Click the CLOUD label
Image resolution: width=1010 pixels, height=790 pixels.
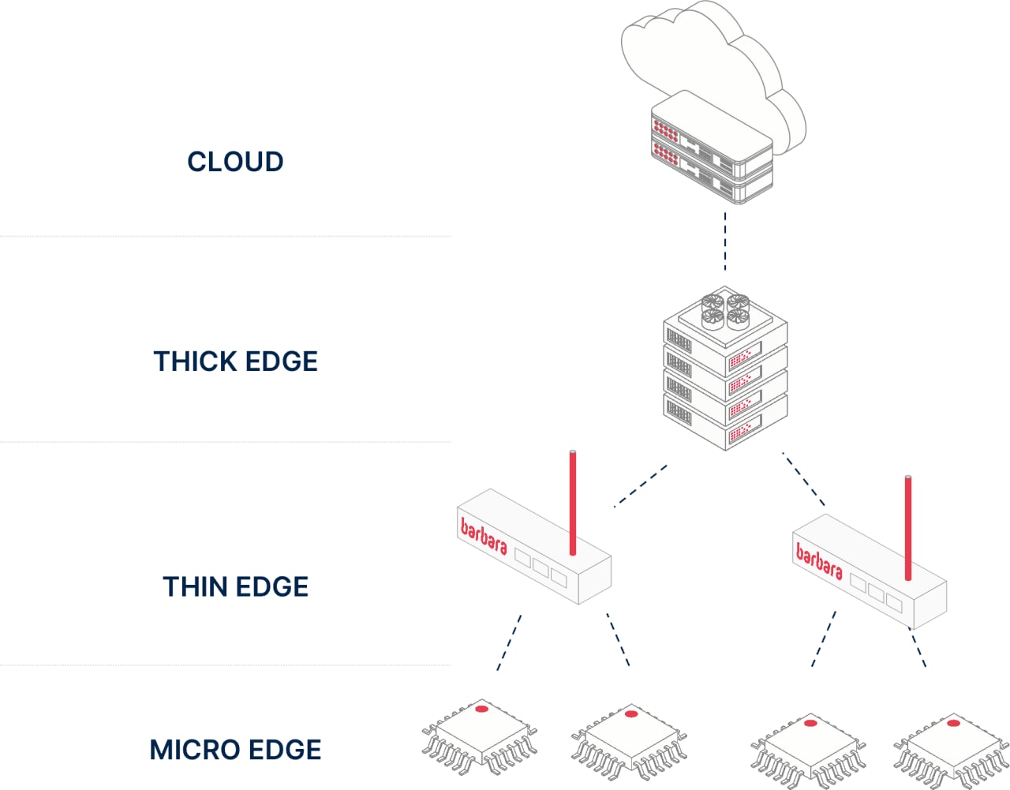pyautogui.click(x=235, y=161)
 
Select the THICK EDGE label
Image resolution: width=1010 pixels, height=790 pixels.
pyautogui.click(x=235, y=361)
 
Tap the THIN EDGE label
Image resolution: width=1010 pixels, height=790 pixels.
pyautogui.click(x=235, y=586)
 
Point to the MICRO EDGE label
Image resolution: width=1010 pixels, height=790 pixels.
pyautogui.click(x=235, y=750)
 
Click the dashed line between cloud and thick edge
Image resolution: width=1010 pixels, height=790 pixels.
pyautogui.click(x=725, y=241)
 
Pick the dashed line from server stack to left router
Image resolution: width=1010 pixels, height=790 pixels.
pyautogui.click(x=641, y=485)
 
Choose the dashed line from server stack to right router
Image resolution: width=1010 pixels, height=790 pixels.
pyautogui.click(x=803, y=478)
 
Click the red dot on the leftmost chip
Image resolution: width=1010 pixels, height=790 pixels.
pyautogui.click(x=481, y=709)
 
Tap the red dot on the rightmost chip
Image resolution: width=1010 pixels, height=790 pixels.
pyautogui.click(x=953, y=723)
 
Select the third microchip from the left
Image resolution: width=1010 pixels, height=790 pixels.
pyautogui.click(x=809, y=750)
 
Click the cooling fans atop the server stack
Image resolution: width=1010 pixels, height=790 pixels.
pyautogui.click(x=725, y=309)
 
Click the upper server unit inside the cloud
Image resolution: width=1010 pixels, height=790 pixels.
pyautogui.click(x=710, y=134)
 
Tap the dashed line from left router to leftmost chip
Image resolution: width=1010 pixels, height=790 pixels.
pyautogui.click(x=509, y=642)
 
